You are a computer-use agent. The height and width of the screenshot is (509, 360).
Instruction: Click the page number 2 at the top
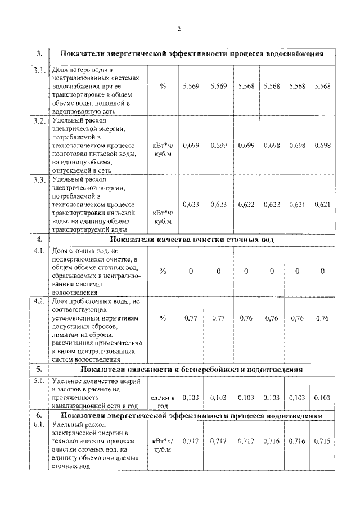(179, 29)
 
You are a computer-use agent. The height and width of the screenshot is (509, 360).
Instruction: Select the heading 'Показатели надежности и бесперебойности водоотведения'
(192, 370)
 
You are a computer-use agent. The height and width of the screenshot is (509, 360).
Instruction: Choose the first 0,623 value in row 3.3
(191, 204)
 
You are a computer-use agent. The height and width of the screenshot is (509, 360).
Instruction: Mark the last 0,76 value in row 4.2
(322, 318)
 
